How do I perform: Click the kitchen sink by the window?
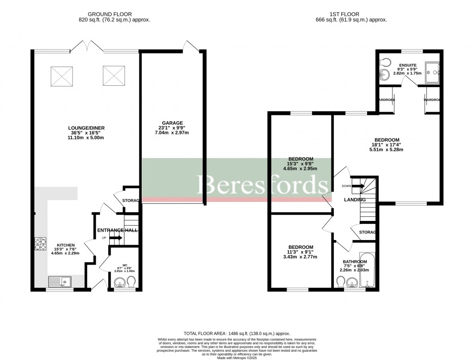pos(60,280)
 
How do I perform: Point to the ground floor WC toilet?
pos(131,282)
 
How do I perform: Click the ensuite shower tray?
pos(431,73)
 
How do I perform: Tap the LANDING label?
pos(355,200)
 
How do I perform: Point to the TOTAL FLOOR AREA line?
pos(237,333)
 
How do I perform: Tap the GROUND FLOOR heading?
pos(114,14)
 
